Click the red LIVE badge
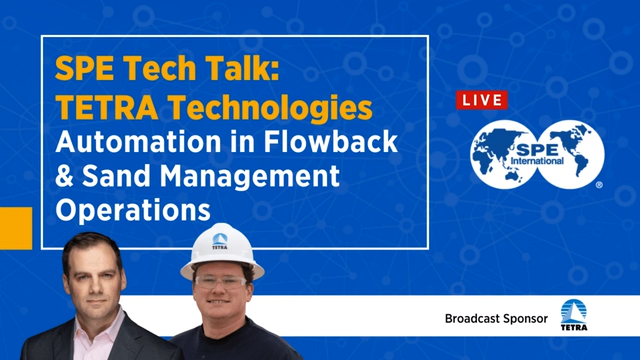pos(480,101)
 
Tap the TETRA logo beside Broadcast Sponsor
pos(575,318)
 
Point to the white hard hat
pos(220,246)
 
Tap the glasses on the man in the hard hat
pos(221,282)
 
